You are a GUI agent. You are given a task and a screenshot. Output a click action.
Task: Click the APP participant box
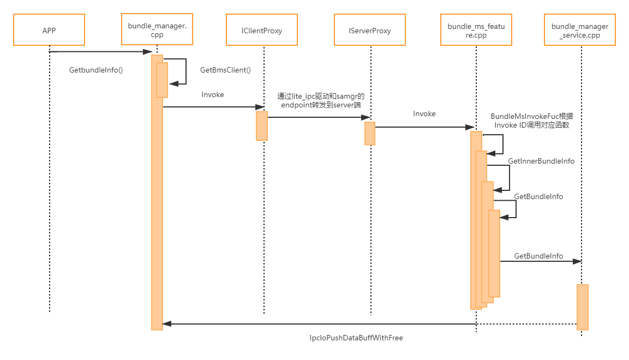coord(49,30)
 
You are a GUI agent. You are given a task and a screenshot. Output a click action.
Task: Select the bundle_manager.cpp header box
coord(157,30)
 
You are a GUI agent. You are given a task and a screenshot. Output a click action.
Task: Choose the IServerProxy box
coord(370,31)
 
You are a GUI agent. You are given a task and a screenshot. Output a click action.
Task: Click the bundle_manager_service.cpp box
coord(580,31)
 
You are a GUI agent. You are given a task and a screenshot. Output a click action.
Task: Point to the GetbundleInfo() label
coord(96,70)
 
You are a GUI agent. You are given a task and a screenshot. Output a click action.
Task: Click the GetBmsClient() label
coord(225,70)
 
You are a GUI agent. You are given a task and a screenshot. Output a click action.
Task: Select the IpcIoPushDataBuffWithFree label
coord(356,338)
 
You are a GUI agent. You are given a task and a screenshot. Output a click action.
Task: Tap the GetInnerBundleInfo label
coord(541,161)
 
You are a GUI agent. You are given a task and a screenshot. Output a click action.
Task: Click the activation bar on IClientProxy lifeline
coord(262,126)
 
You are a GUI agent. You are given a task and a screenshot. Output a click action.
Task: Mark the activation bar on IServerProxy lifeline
coord(370,133)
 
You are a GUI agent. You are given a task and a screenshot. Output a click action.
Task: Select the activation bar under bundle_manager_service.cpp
coord(582,307)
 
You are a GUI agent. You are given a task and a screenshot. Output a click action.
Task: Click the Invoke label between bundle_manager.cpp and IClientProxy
coord(213,94)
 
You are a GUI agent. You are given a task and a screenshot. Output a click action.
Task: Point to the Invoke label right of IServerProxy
coord(424,114)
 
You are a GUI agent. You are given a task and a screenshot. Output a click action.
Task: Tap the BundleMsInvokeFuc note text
coord(532,121)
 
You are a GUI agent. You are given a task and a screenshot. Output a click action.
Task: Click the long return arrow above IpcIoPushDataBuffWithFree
coord(371,323)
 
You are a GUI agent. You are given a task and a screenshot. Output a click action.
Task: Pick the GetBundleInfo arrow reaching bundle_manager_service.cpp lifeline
coord(540,262)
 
